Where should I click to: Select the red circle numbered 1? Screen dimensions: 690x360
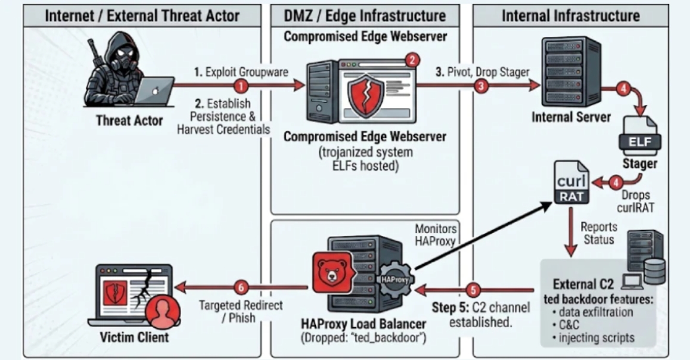pyautogui.click(x=241, y=86)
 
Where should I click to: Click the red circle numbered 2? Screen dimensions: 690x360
pyautogui.click(x=412, y=60)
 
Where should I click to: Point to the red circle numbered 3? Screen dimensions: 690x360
pyautogui.click(x=481, y=86)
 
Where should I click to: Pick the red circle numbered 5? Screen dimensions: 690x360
pyautogui.click(x=473, y=290)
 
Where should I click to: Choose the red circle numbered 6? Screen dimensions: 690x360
pyautogui.click(x=241, y=288)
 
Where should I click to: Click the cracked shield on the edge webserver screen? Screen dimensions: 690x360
pyautogui.click(x=365, y=95)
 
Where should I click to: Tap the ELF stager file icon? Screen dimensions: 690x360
pyautogui.click(x=639, y=135)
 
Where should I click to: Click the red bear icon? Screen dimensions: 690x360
pyautogui.click(x=333, y=273)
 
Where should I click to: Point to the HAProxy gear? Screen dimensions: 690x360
pyautogui.click(x=394, y=280)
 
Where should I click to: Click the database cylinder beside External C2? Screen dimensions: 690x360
pyautogui.click(x=654, y=271)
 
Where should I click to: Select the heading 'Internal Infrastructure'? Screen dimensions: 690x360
pyautogui.click(x=571, y=16)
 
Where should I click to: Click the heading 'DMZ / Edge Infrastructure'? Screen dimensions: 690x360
pyautogui.click(x=365, y=16)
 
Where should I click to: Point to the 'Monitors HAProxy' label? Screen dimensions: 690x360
pyautogui.click(x=435, y=235)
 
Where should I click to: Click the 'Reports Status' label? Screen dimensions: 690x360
pyautogui.click(x=599, y=233)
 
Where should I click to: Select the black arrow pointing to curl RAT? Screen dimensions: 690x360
pyautogui.click(x=483, y=235)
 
